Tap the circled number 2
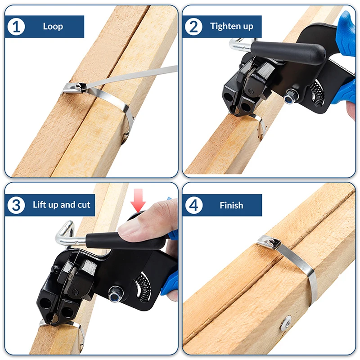click(x=194, y=27)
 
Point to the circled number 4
click(x=194, y=205)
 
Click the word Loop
click(x=53, y=27)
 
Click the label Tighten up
click(x=231, y=27)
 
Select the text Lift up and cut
click(x=62, y=205)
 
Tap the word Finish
click(x=231, y=205)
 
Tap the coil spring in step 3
click(x=144, y=288)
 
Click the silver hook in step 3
click(x=64, y=234)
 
